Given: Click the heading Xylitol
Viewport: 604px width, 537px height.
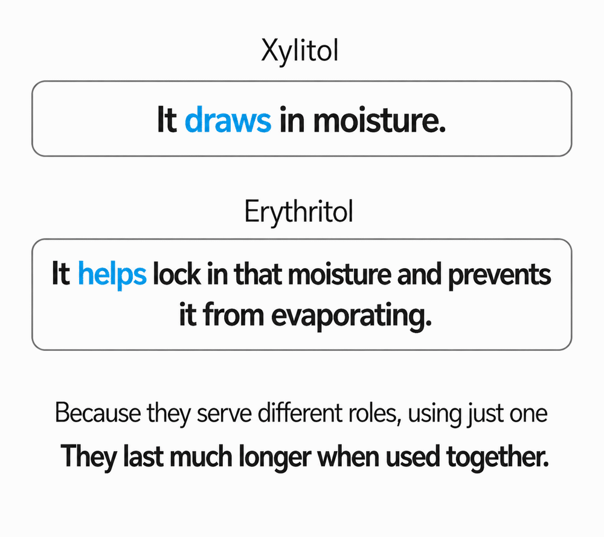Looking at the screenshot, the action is point(300,51).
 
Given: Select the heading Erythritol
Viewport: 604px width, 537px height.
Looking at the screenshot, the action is point(298,212).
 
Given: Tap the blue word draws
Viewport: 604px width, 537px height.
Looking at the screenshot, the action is point(228,120).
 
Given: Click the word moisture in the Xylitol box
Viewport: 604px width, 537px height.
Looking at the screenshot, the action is point(379,120).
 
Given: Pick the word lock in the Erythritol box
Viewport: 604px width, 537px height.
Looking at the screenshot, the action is point(176,274).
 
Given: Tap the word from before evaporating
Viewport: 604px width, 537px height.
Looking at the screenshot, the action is point(233,315).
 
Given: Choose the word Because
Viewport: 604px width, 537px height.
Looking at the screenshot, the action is point(98,413).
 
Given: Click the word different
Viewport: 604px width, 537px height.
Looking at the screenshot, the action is point(300,413).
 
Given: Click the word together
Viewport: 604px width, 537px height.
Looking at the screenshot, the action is point(497,457).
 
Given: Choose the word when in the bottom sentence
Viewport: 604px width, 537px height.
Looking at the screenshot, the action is point(348,456).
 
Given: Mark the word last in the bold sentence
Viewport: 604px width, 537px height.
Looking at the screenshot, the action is point(142,456).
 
